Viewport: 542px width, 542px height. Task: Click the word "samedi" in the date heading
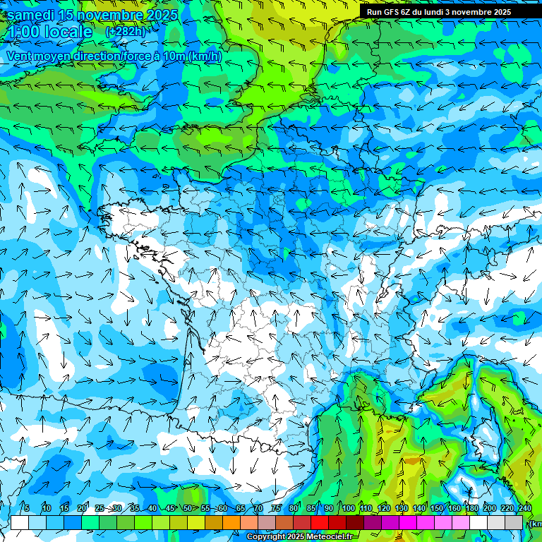tap(31, 15)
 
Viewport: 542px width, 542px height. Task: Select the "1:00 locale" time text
tap(49, 32)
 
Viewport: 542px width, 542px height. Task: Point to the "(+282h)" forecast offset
tap(125, 32)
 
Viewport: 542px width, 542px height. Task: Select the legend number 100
tap(349, 508)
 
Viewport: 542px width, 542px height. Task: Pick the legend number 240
tap(524, 508)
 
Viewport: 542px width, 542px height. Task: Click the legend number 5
tap(27, 508)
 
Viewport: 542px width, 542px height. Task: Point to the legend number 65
tap(241, 508)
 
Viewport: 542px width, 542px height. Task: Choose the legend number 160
tap(454, 508)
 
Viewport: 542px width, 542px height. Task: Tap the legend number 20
tap(82, 508)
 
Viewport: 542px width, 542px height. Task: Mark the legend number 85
tap(312, 508)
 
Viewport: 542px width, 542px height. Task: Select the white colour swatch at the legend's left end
tap(20, 522)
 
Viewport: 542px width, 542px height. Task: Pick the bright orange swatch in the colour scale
tap(231, 522)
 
